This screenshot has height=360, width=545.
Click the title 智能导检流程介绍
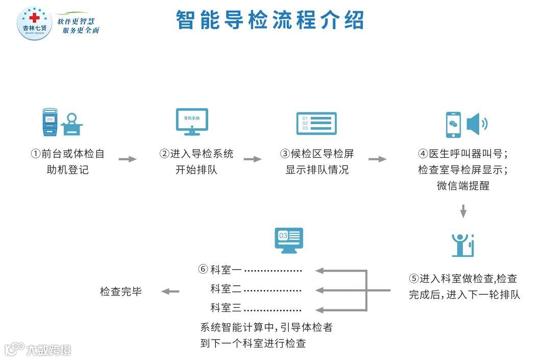[270, 20]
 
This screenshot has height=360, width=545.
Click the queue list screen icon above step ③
[316, 123]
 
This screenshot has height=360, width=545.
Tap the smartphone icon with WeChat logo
[453, 125]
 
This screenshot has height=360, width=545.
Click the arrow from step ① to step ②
[128, 159]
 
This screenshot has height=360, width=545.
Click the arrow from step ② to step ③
[252, 159]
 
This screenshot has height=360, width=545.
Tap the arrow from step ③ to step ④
[377, 159]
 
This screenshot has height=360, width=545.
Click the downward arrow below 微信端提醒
[463, 211]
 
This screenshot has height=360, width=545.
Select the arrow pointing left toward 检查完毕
[170, 292]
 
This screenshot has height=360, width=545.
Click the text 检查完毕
[121, 292]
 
